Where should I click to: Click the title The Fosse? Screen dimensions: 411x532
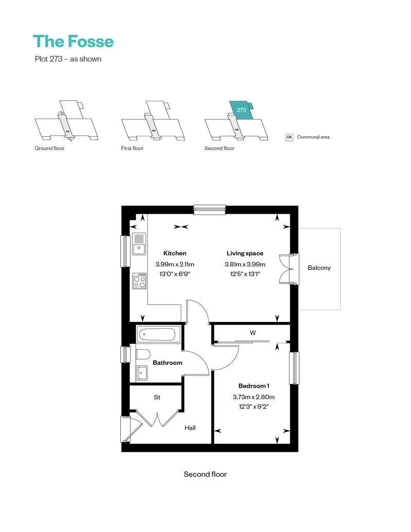pyautogui.click(x=73, y=42)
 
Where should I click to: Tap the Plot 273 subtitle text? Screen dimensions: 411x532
pyautogui.click(x=68, y=59)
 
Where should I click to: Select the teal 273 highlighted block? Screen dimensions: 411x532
pyautogui.click(x=241, y=110)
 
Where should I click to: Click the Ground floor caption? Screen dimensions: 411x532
pyautogui.click(x=49, y=148)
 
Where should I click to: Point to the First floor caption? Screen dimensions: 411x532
pyautogui.click(x=132, y=148)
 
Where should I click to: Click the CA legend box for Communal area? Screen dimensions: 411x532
pyautogui.click(x=289, y=137)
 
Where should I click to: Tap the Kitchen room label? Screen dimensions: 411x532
pyautogui.click(x=175, y=253)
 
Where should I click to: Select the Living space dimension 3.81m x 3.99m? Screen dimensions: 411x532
pyautogui.click(x=245, y=264)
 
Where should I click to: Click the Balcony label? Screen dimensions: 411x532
pyautogui.click(x=319, y=268)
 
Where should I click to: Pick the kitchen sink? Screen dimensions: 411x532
pyautogui.click(x=139, y=244)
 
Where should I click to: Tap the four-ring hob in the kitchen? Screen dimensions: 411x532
pyautogui.click(x=140, y=281)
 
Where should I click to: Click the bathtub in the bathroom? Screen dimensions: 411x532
pyautogui.click(x=159, y=334)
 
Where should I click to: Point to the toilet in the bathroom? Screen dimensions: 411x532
pyautogui.click(x=143, y=354)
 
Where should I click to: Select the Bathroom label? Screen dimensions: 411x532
pyautogui.click(x=167, y=363)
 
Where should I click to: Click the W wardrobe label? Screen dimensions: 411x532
pyautogui.click(x=253, y=333)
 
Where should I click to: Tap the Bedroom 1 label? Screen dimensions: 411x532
pyautogui.click(x=254, y=386)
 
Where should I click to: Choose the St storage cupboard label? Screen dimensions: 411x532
pyautogui.click(x=157, y=397)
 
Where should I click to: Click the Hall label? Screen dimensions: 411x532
pyautogui.click(x=190, y=428)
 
